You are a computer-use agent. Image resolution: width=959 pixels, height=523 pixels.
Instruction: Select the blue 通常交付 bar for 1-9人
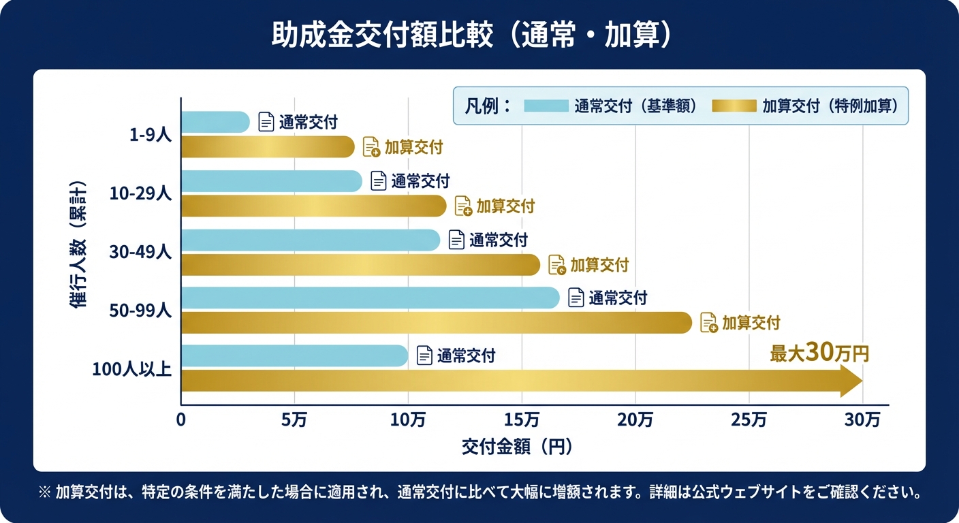point(215,122)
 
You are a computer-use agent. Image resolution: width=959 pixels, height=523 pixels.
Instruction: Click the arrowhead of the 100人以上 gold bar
point(851,381)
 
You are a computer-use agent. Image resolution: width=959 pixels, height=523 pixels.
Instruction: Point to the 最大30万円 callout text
point(819,353)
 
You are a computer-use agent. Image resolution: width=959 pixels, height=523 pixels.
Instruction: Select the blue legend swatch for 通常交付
point(546,106)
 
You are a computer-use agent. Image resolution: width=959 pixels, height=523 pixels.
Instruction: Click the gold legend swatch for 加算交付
point(734,106)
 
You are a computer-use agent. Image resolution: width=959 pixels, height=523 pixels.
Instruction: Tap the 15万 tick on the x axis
point(522,421)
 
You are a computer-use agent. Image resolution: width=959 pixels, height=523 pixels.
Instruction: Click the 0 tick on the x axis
point(181,421)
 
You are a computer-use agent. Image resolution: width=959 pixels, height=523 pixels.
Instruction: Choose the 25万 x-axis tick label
point(749,421)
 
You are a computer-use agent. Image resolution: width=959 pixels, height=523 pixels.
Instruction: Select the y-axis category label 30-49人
point(140,252)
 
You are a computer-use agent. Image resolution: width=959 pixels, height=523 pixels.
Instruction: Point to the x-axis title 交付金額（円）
point(516,447)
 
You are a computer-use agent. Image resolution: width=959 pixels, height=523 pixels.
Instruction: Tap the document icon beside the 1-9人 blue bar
point(266,122)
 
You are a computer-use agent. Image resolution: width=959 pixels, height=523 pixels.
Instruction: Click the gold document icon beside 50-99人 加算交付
point(709,322)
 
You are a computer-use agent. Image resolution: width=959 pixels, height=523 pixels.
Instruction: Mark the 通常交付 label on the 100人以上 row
point(466,355)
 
